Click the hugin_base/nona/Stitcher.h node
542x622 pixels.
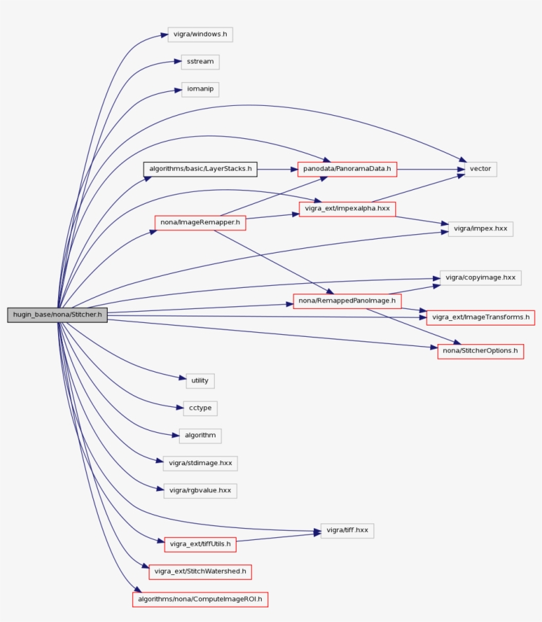point(58,315)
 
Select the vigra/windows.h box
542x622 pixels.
point(199,34)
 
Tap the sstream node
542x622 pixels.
point(200,62)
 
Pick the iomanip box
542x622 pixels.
point(200,89)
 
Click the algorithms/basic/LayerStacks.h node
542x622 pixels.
point(200,169)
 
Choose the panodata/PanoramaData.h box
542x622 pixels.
point(347,169)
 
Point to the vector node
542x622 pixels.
point(481,169)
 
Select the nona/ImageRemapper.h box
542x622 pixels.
point(200,223)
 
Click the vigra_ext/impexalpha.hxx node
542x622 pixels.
point(347,209)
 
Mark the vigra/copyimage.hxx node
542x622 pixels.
point(481,277)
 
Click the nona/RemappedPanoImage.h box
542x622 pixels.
point(347,302)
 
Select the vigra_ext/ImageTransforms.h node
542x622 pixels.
point(481,318)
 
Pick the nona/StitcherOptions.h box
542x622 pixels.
point(481,351)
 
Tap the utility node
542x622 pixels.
point(200,380)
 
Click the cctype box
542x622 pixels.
point(200,408)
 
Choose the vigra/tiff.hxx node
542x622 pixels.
point(348,530)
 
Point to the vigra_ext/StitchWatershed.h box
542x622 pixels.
point(200,571)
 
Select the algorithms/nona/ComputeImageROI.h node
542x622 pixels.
point(200,600)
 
